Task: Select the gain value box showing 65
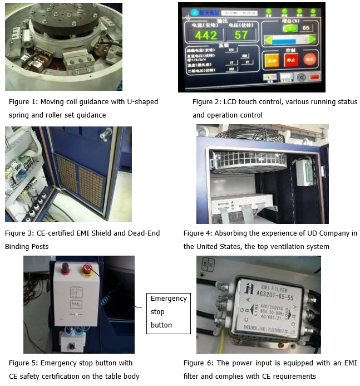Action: (305, 27)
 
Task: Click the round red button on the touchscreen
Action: (310, 60)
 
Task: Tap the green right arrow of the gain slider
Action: (312, 40)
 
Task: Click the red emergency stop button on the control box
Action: (87, 270)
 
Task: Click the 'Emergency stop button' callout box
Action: (169, 312)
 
